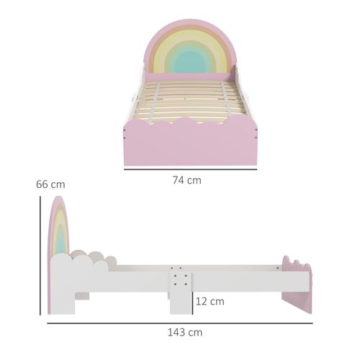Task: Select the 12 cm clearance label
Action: [x=210, y=301]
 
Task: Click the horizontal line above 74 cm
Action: [x=190, y=169]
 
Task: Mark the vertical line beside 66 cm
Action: [x=40, y=256]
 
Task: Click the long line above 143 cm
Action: [x=180, y=323]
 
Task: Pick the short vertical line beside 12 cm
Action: [x=192, y=300]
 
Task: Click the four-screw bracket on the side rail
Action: [x=179, y=276]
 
